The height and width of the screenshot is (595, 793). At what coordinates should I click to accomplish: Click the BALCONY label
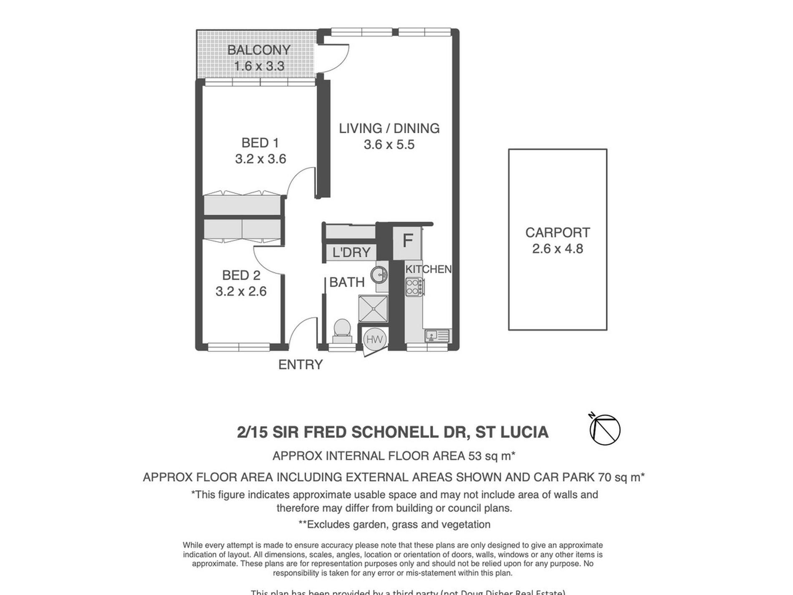tap(259, 50)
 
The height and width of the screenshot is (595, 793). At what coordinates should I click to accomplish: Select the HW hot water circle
tap(374, 339)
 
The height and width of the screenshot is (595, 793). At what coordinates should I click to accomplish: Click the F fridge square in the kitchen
tap(407, 241)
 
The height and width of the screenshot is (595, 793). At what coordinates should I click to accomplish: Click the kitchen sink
tap(432, 335)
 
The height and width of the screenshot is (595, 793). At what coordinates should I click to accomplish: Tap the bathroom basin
tap(381, 274)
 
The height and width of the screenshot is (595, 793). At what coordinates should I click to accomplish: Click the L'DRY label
tap(351, 253)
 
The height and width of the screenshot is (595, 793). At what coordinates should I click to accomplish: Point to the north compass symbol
tap(605, 429)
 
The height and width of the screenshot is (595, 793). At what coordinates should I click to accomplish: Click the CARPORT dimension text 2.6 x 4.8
tap(558, 249)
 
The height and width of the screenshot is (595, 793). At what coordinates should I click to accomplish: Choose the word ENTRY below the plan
tap(301, 365)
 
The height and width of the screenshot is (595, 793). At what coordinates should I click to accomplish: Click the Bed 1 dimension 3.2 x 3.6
tap(260, 159)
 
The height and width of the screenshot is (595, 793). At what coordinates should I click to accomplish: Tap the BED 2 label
tap(241, 276)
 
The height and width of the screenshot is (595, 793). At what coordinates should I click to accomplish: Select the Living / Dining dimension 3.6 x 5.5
tap(389, 145)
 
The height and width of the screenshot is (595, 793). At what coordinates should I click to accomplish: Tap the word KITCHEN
tap(429, 269)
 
